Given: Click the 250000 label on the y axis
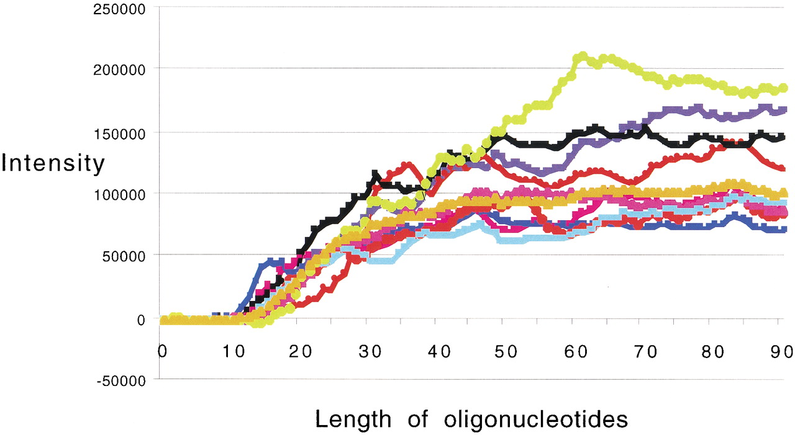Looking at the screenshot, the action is click(x=119, y=9).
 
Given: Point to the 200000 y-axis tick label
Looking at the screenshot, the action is click(x=119, y=70).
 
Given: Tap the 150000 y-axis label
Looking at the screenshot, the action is click(x=119, y=135).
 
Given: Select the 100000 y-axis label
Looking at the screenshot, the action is click(x=119, y=195).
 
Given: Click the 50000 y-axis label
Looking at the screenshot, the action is click(x=124, y=256).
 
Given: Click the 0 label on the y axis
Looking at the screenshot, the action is click(x=141, y=320).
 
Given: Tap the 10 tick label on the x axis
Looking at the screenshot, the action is click(x=234, y=352).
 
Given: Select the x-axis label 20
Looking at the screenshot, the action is click(x=300, y=352).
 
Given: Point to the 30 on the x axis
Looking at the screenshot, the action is click(x=370, y=352).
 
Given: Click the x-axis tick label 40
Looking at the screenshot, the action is click(x=439, y=352).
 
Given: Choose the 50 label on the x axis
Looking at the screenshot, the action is click(x=506, y=352).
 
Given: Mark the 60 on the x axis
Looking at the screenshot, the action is click(x=576, y=352).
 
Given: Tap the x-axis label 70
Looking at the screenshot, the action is click(x=645, y=352).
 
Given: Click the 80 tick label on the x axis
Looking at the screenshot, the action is click(x=713, y=352).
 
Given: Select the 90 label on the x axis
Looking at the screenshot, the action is click(x=782, y=352).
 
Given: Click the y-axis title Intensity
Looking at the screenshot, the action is click(x=53, y=163).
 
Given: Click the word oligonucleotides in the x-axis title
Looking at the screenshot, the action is click(x=536, y=419).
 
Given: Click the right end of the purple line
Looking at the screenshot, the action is click(x=784, y=110).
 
